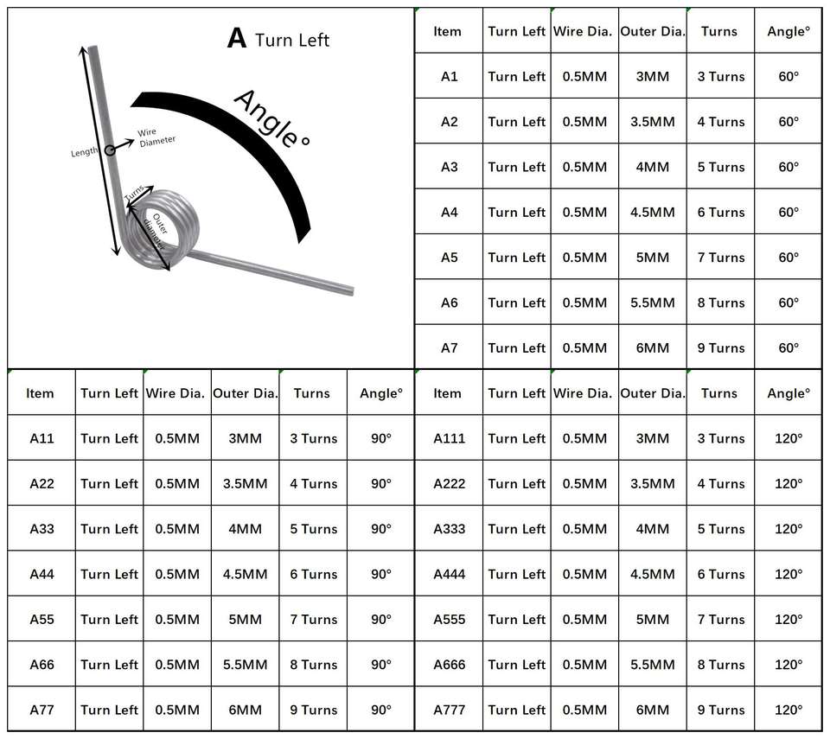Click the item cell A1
(x=449, y=76)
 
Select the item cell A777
(x=449, y=710)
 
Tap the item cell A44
(x=41, y=574)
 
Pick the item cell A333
(x=449, y=529)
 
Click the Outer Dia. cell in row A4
(x=652, y=212)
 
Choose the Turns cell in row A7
(x=720, y=347)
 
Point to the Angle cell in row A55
(x=381, y=619)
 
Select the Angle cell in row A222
(x=788, y=483)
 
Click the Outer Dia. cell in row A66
(x=245, y=665)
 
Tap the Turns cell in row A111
(x=720, y=438)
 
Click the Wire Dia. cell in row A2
(x=584, y=122)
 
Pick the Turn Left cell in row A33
(x=109, y=529)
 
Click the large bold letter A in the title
(x=236, y=39)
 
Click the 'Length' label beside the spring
(x=85, y=152)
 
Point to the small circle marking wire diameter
(x=111, y=150)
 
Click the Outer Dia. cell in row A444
(x=652, y=574)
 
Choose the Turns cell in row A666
(x=720, y=665)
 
